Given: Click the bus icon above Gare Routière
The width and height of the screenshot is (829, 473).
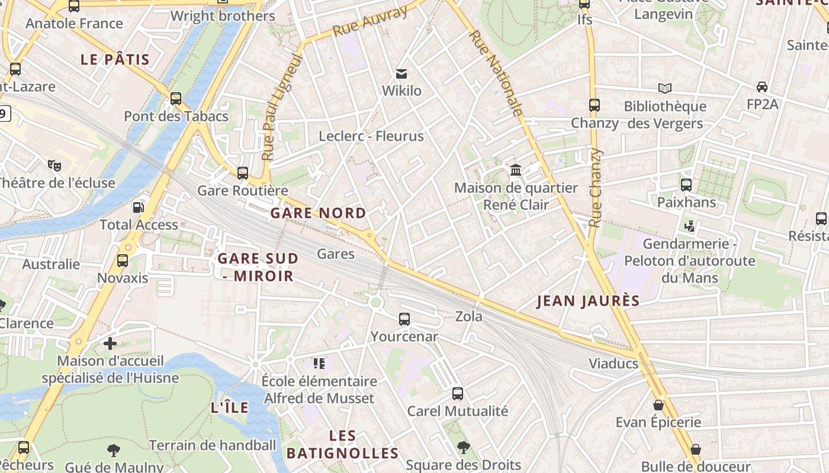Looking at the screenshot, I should tap(242, 173).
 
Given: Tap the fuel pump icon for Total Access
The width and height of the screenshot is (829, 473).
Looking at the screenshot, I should tap(138, 208).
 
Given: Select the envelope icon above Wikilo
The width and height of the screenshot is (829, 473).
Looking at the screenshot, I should tap(401, 74).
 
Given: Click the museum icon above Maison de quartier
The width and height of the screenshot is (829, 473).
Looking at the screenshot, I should tap(516, 170).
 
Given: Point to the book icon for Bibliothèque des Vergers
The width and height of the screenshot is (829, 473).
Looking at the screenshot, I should tap(665, 89).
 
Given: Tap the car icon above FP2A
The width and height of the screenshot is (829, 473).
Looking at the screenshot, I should tap(762, 87).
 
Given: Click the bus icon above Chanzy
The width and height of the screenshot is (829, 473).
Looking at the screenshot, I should tap(595, 105).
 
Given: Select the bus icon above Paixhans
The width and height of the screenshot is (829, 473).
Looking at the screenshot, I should tap(686, 185).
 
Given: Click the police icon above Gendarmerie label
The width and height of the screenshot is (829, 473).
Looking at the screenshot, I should tap(689, 226).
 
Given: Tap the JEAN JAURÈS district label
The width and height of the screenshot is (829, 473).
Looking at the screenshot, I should tap(588, 301).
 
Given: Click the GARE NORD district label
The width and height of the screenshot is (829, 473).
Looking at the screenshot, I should tap(318, 213).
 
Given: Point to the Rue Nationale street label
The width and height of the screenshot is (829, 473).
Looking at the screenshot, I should tap(496, 73).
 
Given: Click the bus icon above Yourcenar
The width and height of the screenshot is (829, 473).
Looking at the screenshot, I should tap(404, 319).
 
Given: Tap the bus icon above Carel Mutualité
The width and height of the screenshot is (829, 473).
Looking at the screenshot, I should tap(458, 394).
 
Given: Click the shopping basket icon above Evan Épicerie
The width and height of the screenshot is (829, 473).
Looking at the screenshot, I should tap(658, 405).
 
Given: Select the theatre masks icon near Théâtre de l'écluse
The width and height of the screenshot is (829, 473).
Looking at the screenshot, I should tap(54, 166).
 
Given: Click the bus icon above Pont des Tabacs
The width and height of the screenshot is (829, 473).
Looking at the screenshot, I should tap(176, 99).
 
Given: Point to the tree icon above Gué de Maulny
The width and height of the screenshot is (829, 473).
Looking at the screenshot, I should tap(114, 451).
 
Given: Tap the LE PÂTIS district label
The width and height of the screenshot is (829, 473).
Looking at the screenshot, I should tap(115, 60).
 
